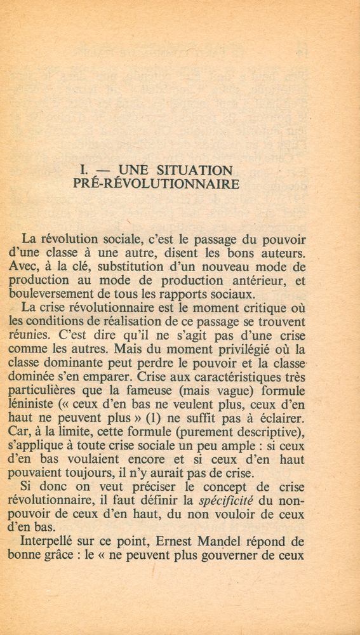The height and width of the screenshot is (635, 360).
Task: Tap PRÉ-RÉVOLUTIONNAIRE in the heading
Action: point(156,185)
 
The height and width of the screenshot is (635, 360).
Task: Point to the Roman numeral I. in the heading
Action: point(83,171)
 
